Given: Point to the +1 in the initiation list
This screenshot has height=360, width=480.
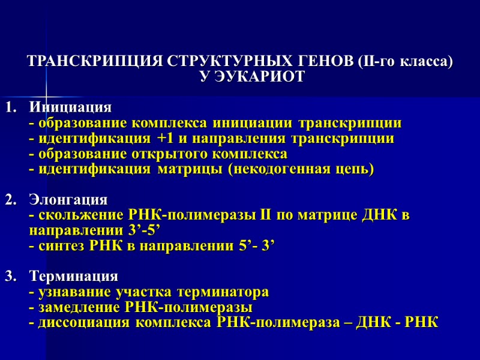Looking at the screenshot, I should (x=164, y=139).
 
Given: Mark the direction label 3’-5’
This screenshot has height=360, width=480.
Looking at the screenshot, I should (x=143, y=231).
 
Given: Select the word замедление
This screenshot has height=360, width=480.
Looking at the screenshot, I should (x=76, y=308).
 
